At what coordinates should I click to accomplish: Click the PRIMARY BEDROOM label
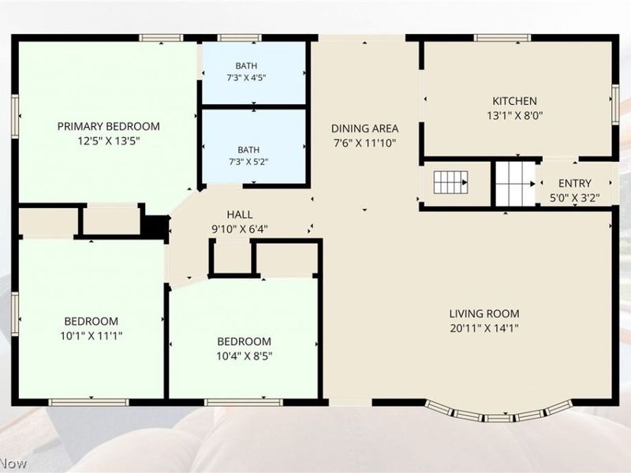click(x=109, y=126)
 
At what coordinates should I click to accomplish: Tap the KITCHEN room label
click(x=515, y=101)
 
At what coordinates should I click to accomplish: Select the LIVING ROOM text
click(x=484, y=314)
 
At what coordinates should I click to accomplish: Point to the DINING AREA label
click(x=364, y=128)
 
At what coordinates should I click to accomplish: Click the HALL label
click(x=240, y=214)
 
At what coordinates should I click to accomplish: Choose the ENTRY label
click(x=575, y=184)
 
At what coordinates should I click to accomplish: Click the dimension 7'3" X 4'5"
click(x=246, y=77)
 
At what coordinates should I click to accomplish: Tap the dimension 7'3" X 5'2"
click(x=248, y=162)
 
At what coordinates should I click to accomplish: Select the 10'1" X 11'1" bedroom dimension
click(x=91, y=336)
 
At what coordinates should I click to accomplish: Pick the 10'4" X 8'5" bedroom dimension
click(x=245, y=356)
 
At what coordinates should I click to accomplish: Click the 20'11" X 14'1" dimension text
click(x=484, y=328)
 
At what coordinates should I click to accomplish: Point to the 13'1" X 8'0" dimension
click(x=515, y=116)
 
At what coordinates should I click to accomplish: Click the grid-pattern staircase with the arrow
click(x=450, y=182)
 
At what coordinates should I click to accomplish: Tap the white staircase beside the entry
click(x=515, y=184)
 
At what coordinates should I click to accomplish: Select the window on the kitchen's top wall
click(x=502, y=38)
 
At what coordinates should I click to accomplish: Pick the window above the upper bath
click(x=240, y=38)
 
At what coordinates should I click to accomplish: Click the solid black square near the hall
click(x=156, y=227)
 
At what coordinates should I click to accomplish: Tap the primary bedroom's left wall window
click(x=15, y=116)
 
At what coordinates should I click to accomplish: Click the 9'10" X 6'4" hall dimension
click(x=240, y=229)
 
